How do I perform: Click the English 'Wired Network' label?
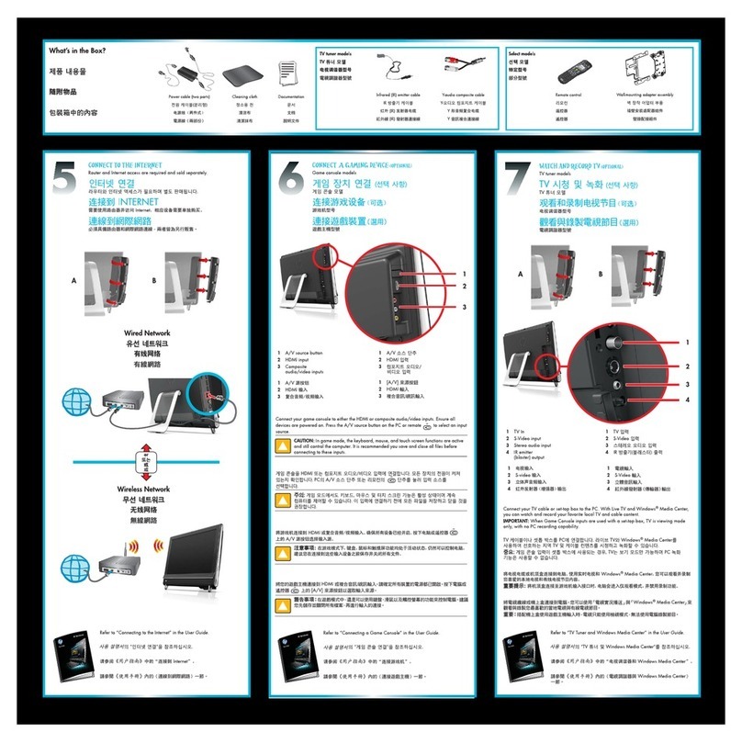click(x=149, y=332)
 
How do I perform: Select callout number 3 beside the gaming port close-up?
click(x=465, y=306)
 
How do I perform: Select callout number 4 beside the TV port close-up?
click(x=686, y=400)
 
